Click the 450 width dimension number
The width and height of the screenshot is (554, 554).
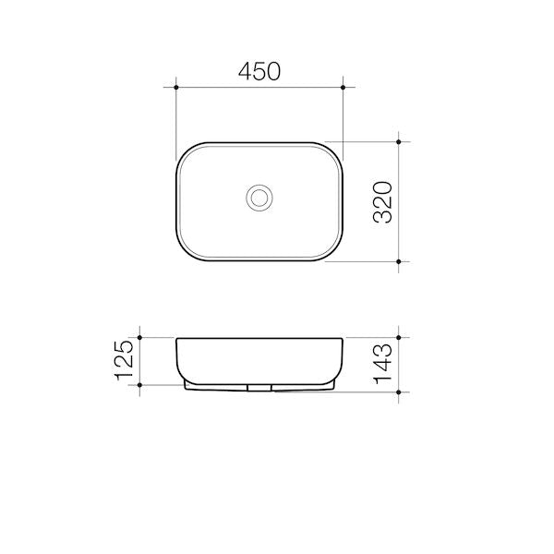click(x=259, y=72)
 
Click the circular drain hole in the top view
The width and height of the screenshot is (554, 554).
click(x=259, y=197)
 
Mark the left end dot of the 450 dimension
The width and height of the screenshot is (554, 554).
click(x=175, y=88)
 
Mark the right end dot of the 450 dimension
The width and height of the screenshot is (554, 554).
click(x=343, y=88)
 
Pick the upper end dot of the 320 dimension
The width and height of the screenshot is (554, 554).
click(x=398, y=142)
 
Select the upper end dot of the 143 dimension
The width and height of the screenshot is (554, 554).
click(x=398, y=337)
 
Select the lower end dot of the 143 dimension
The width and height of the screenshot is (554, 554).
click(x=398, y=391)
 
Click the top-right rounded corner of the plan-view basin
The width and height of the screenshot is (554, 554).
click(x=334, y=151)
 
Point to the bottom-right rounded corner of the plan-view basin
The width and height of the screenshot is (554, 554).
click(x=334, y=252)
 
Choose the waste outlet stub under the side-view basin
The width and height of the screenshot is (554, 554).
click(x=259, y=387)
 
